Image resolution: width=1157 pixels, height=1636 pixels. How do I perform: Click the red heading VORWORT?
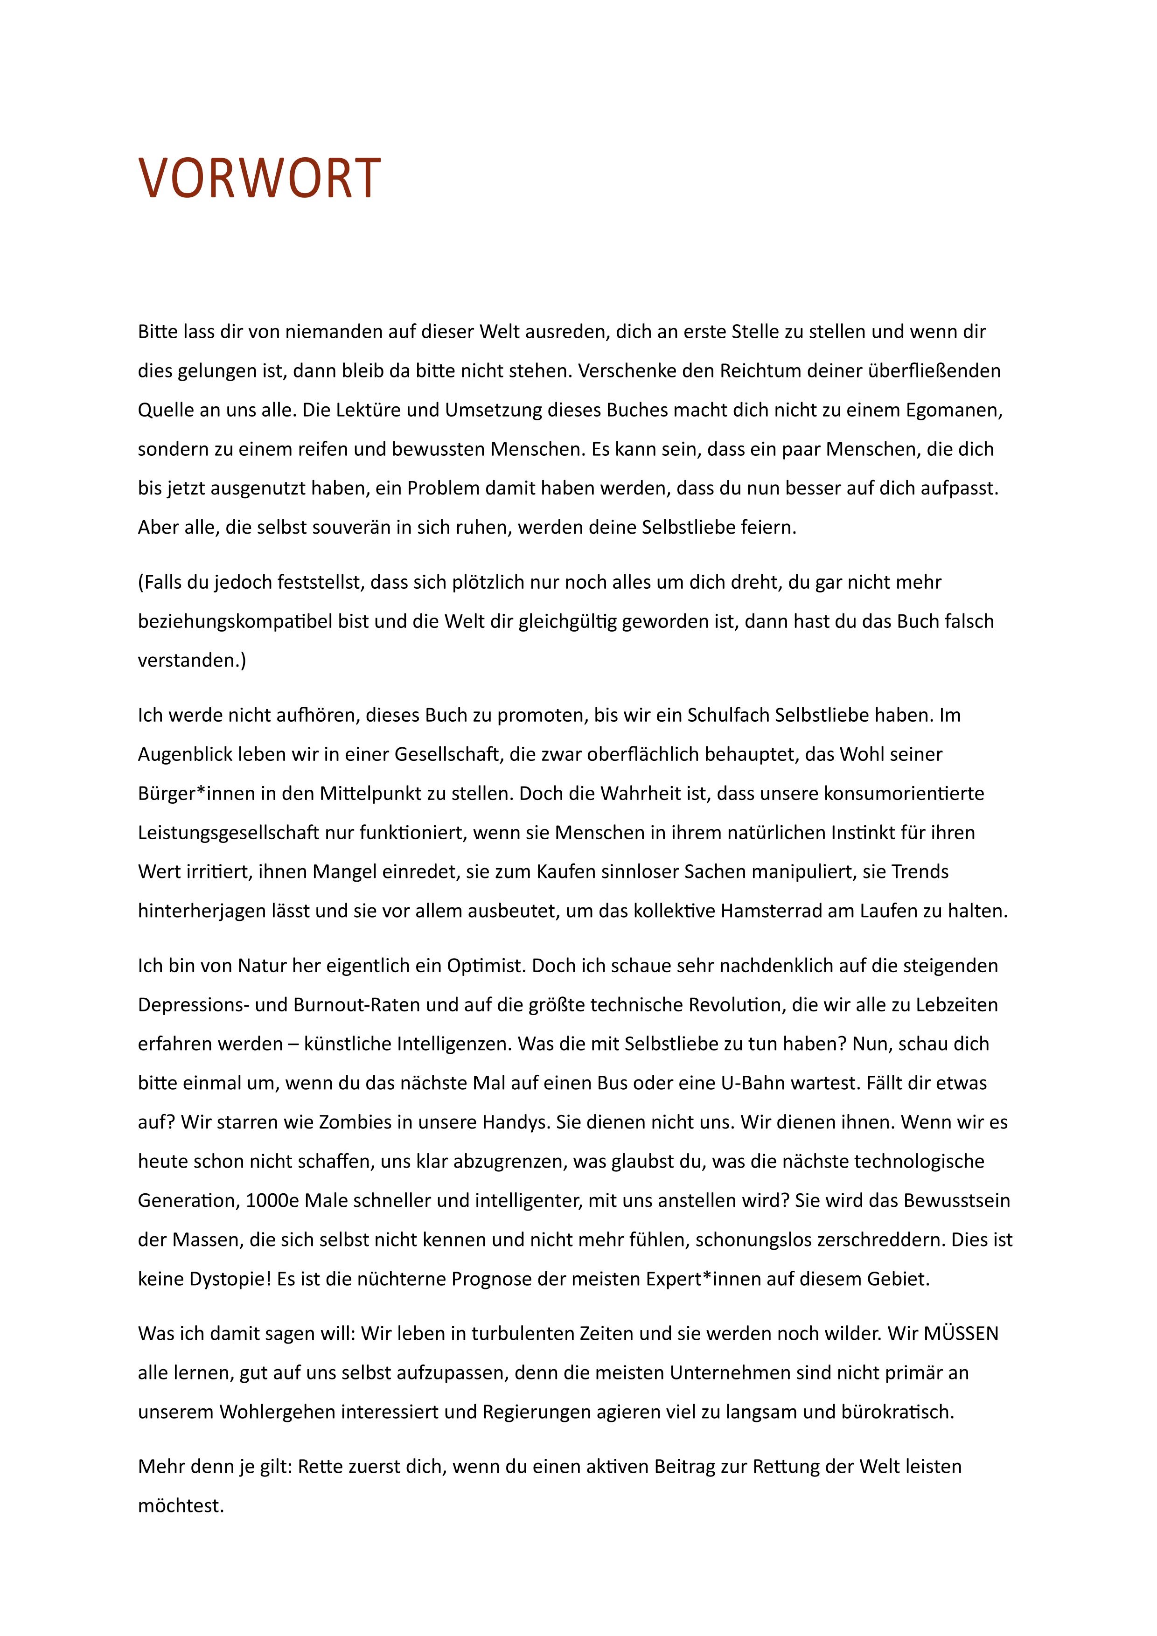259,178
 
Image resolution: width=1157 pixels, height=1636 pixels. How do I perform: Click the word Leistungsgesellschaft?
228,833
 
